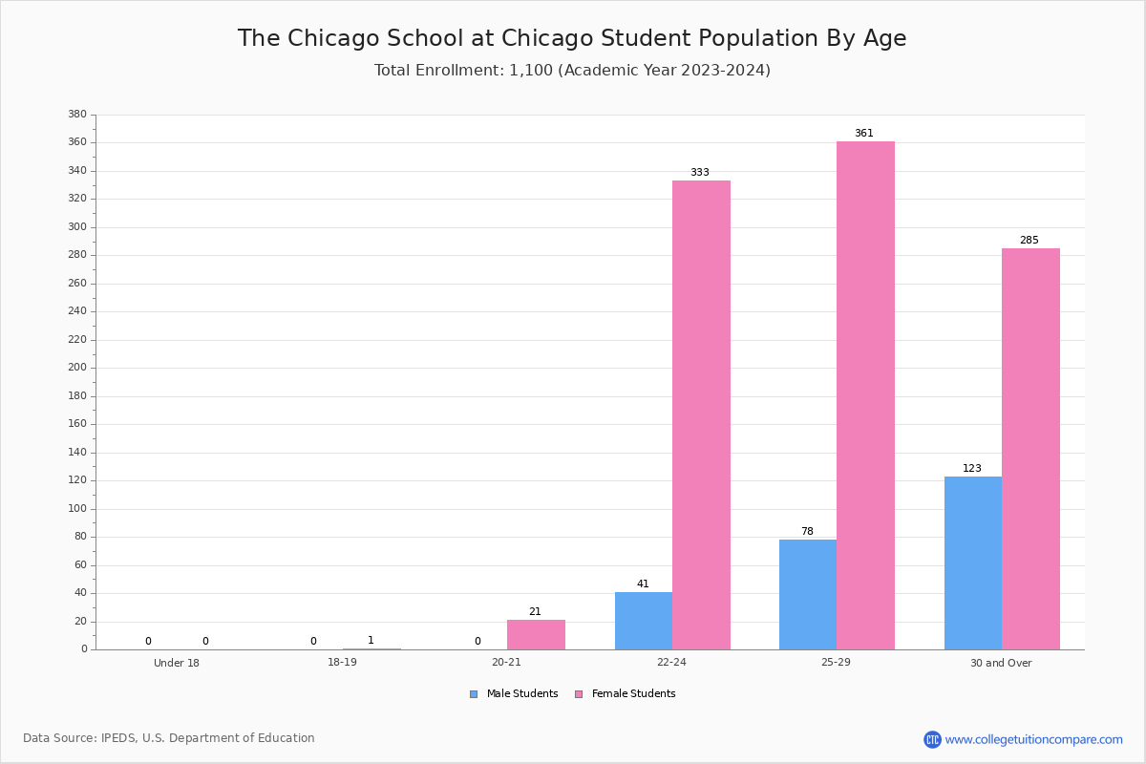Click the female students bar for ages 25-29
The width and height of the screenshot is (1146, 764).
tap(865, 395)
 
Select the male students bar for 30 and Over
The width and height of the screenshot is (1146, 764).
tap(973, 563)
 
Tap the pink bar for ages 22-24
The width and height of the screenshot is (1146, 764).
tap(701, 415)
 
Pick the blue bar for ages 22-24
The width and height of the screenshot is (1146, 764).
tap(644, 622)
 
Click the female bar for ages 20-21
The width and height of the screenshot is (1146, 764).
tap(536, 635)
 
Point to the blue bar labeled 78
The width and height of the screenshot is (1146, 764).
tap(808, 595)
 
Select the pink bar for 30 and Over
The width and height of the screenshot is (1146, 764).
tap(1030, 449)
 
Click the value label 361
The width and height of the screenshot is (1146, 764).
tap(864, 133)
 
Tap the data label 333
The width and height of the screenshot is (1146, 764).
tap(700, 173)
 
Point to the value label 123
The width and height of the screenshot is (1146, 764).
tap(972, 468)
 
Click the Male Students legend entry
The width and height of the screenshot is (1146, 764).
tap(514, 694)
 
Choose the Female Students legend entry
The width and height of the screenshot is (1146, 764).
tap(626, 694)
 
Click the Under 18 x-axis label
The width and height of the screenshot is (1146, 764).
tap(177, 663)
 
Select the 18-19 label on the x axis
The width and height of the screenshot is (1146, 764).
tap(342, 662)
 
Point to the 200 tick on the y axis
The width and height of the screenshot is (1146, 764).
tap(77, 368)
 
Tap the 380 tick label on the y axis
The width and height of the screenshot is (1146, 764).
tap(77, 114)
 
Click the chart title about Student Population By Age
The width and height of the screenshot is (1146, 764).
tap(572, 38)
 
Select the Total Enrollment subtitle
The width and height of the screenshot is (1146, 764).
tap(572, 70)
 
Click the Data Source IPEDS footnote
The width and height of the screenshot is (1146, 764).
tap(169, 738)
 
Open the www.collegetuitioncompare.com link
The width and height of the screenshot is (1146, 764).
tap(1033, 739)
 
